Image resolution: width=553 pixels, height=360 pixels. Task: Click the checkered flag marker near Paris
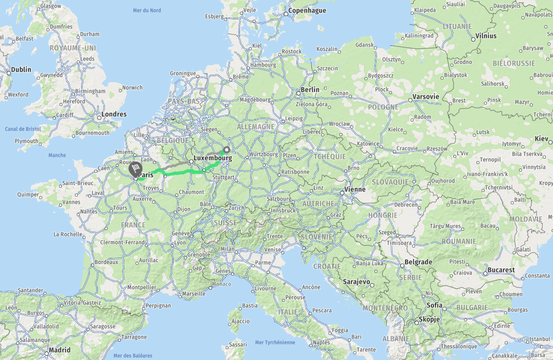(136, 169)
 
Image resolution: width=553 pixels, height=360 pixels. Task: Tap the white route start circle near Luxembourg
(227, 150)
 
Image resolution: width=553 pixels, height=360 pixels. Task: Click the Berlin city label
(310, 89)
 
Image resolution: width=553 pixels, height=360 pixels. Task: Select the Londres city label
(114, 114)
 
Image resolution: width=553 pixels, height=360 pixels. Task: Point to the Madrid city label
(60, 350)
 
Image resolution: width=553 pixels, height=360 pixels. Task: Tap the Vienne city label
(355, 189)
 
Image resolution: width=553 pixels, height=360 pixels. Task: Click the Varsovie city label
(426, 96)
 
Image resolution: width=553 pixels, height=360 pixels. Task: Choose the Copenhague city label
(307, 10)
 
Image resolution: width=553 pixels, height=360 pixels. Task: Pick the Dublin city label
(21, 69)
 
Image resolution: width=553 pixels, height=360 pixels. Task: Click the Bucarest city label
(502, 270)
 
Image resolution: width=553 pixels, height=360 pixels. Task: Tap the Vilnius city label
(486, 35)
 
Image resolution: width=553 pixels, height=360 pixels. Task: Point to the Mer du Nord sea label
(147, 10)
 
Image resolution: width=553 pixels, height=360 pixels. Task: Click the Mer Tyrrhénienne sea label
(275, 343)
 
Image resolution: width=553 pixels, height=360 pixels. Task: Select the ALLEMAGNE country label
(255, 127)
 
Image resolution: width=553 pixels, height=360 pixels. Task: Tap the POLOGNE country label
(383, 107)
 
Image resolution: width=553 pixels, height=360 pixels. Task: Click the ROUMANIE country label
(459, 241)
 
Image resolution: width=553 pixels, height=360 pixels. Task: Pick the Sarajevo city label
(356, 282)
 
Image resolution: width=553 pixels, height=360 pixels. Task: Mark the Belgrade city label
(419, 262)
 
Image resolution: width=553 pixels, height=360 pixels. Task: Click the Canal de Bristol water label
(23, 129)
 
